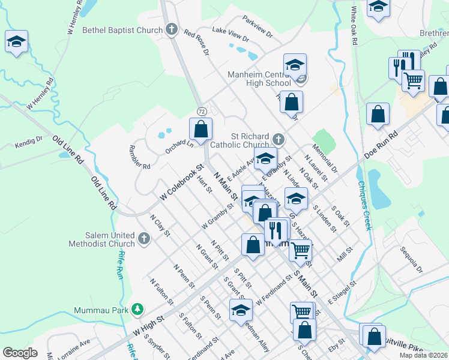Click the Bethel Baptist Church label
click(x=122, y=29)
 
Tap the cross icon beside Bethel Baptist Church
click(x=172, y=29)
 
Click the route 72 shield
click(x=202, y=112)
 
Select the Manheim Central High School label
click(x=259, y=79)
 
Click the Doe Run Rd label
click(x=381, y=146)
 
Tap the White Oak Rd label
click(x=355, y=25)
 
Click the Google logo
click(x=20, y=353)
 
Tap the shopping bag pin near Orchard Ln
click(x=200, y=128)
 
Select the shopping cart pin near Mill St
click(x=300, y=250)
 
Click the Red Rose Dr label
click(x=196, y=43)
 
